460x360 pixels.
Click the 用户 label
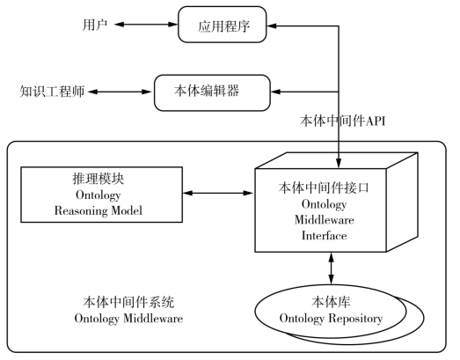95,25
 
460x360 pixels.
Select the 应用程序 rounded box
223,25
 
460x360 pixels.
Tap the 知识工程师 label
52,92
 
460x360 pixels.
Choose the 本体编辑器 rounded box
212,92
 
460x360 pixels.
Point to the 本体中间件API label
342,121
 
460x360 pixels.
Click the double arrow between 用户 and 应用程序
146,25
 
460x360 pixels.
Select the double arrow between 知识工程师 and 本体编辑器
120,92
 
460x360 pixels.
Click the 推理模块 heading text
99,179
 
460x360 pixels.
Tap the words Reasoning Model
99,210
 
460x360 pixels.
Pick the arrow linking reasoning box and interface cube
217,193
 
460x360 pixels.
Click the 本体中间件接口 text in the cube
324,188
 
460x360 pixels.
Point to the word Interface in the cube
325,236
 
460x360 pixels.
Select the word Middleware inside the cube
325,220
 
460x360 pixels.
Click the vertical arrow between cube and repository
332,268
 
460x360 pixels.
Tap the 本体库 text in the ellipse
331,302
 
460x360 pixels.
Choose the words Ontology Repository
331,319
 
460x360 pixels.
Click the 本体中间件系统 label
128,302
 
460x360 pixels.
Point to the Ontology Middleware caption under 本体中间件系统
128,319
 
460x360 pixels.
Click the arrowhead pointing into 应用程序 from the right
272,26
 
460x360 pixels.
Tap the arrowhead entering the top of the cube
339,163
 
